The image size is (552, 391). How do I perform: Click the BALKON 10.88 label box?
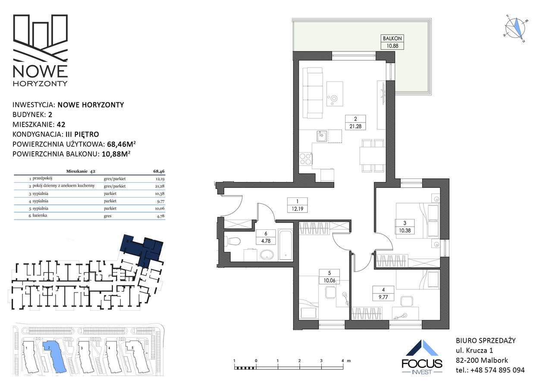pyautogui.click(x=392, y=42)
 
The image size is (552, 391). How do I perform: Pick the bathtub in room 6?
pyautogui.click(x=285, y=245)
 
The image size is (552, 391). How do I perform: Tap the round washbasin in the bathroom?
pyautogui.click(x=267, y=255)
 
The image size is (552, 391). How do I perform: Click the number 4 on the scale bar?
pyautogui.click(x=342, y=361)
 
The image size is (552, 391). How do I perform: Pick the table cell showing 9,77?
pyautogui.click(x=161, y=201)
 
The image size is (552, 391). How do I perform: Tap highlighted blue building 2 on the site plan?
pyautogui.click(x=55, y=356)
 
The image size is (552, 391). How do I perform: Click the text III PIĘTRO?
pyautogui.click(x=82, y=134)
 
